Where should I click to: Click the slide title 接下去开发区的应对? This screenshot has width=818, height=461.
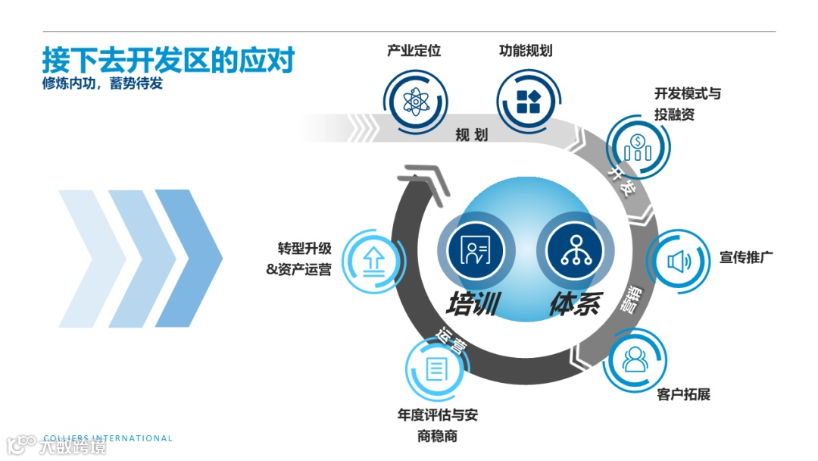[x=167, y=60]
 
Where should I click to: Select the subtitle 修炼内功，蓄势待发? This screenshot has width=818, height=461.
[x=102, y=84]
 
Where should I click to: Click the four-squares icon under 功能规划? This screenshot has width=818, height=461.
[x=527, y=102]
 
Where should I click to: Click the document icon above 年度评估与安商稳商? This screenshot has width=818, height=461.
[x=436, y=369]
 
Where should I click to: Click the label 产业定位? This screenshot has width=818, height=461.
[x=414, y=51]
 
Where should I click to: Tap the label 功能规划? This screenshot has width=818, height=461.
[x=526, y=51]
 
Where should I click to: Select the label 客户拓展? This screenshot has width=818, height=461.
[x=684, y=394]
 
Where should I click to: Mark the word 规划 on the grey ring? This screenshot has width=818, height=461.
[x=471, y=135]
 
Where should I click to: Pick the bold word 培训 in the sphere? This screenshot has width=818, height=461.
[x=472, y=303]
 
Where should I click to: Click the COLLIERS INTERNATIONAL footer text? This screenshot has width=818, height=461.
[x=108, y=438]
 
